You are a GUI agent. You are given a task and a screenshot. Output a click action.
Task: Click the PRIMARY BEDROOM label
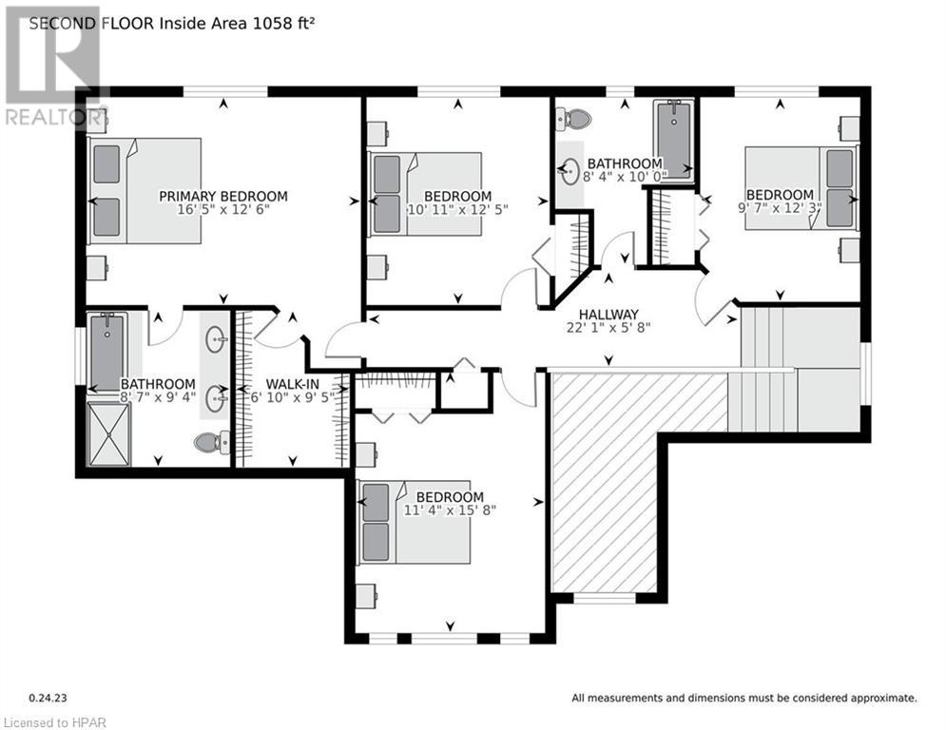pos(222,197)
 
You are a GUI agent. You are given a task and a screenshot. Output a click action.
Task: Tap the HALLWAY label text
pos(608,315)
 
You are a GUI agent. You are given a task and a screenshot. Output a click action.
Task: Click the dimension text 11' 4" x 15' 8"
pos(450,510)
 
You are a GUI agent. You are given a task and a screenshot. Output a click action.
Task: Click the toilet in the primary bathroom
pos(211,441)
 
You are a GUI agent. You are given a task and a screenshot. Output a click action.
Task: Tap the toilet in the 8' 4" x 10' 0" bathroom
pos(576,120)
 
